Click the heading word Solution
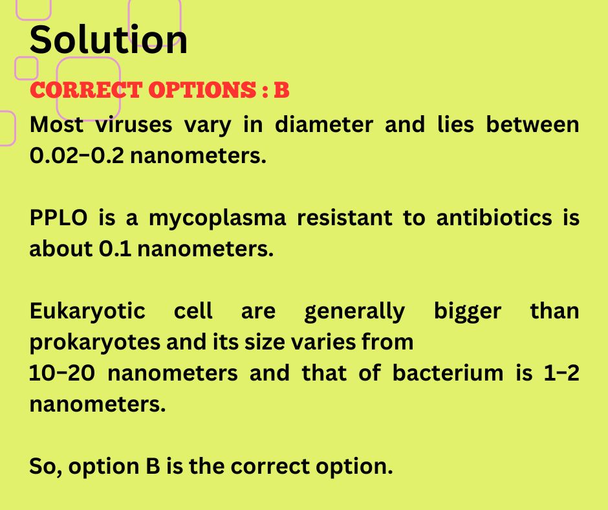click(108, 39)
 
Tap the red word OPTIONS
click(202, 90)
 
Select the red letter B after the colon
click(282, 90)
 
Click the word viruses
click(134, 125)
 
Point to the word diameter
click(324, 125)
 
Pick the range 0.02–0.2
click(77, 155)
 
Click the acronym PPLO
click(59, 217)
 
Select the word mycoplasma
click(217, 218)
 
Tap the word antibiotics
click(494, 217)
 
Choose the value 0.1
click(115, 249)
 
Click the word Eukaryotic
click(87, 311)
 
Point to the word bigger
click(467, 311)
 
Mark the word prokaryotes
click(95, 342)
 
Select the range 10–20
click(62, 373)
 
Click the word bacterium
click(448, 373)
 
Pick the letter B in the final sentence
click(153, 466)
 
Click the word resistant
click(344, 217)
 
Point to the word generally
click(354, 311)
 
